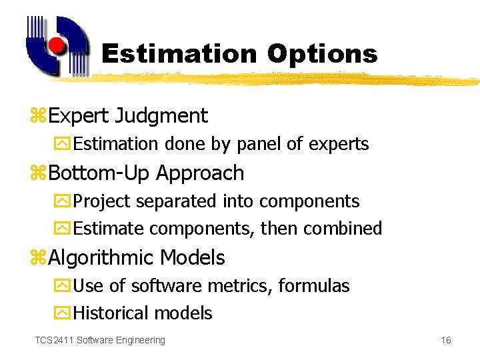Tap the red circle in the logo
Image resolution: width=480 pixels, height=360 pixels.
point(57,45)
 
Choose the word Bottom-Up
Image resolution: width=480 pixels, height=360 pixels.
point(100,173)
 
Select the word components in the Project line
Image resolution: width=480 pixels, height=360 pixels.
point(309,201)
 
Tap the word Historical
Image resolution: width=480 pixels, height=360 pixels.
point(111,313)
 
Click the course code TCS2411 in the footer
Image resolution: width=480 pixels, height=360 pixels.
point(54,341)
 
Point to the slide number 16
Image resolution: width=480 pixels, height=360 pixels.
point(446,341)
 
